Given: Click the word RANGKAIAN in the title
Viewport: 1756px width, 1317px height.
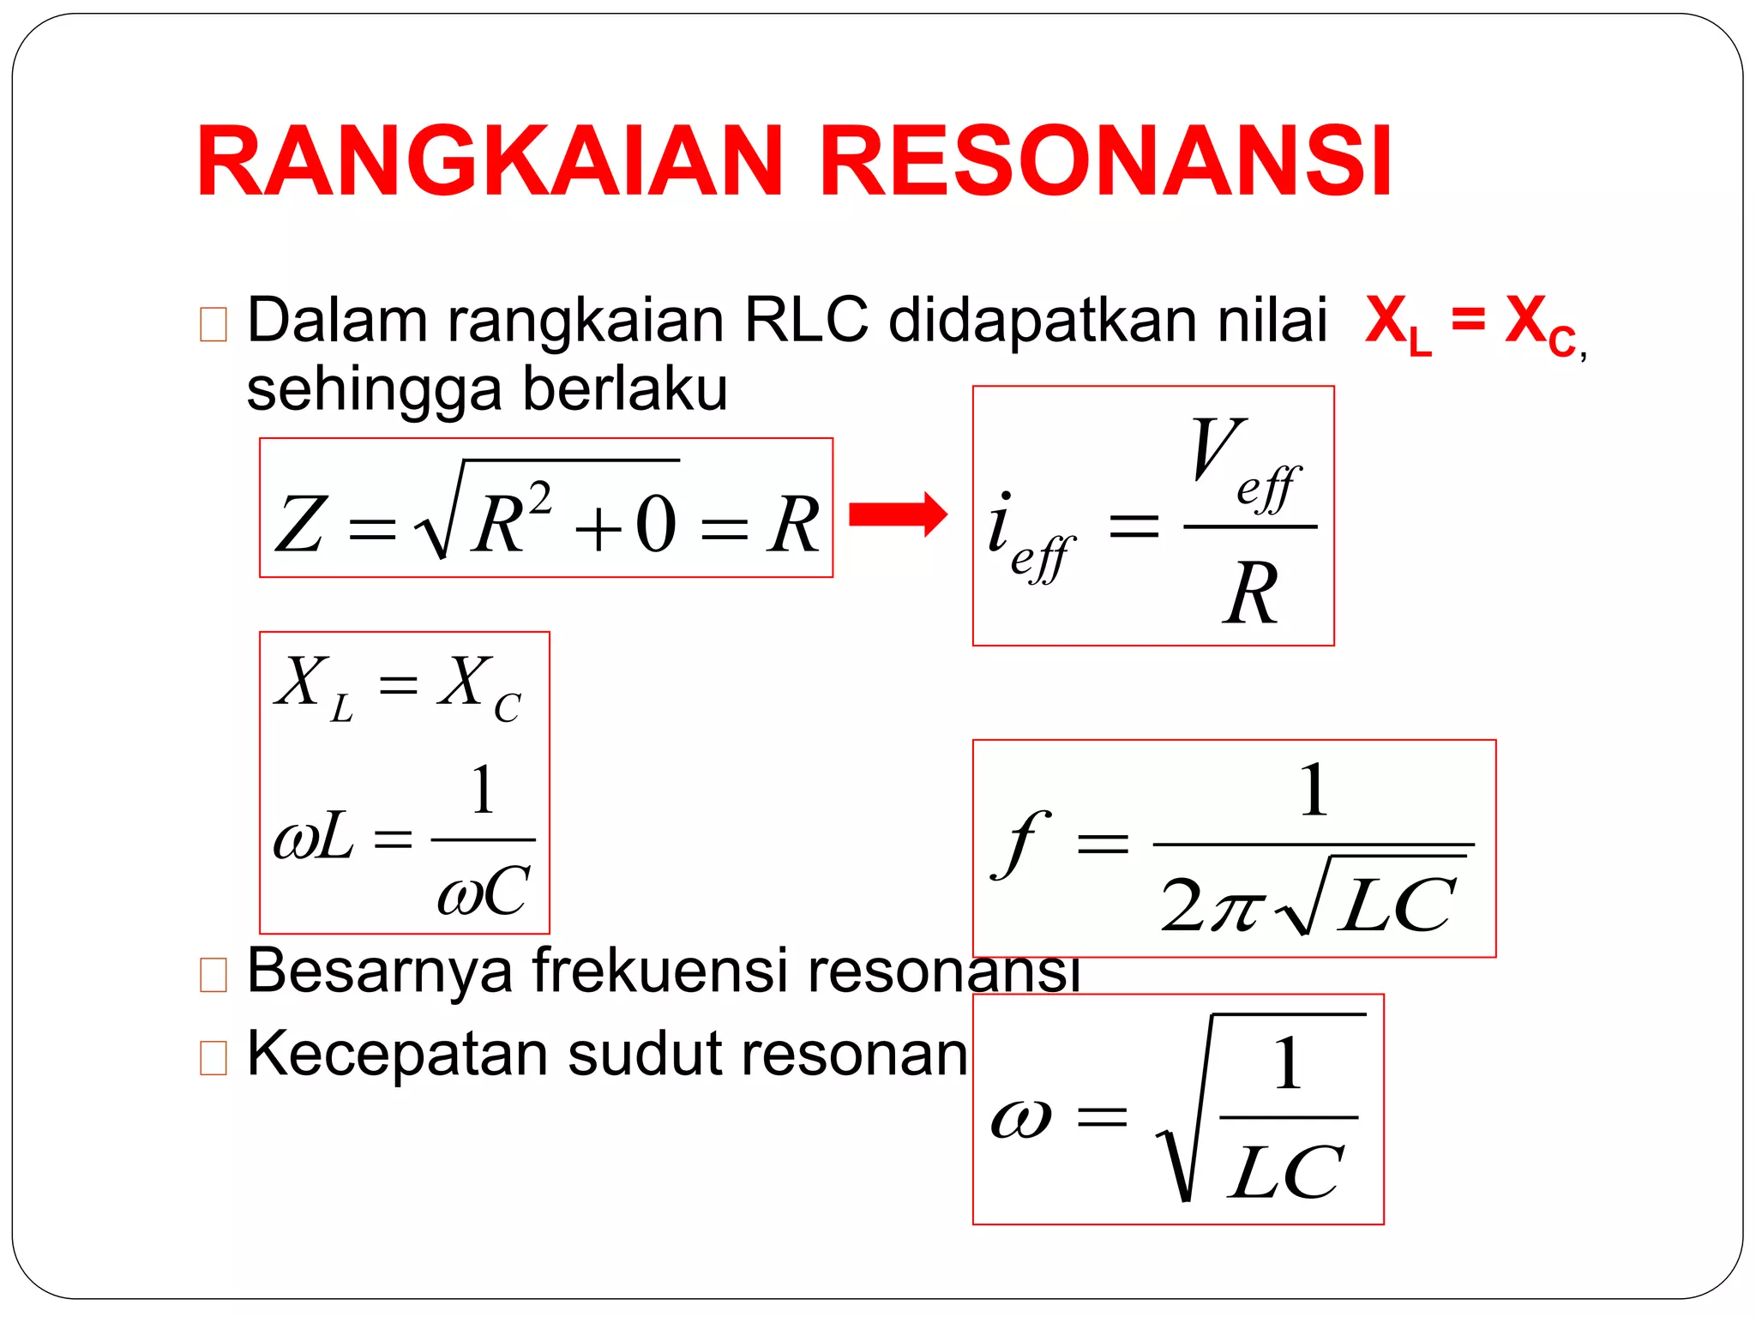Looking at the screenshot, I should coord(489,161).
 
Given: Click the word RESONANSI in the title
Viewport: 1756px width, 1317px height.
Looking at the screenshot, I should coord(1105,161).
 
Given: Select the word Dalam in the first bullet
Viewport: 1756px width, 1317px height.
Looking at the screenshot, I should coord(337,321).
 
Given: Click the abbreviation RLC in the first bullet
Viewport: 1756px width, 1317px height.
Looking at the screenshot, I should coord(806,321).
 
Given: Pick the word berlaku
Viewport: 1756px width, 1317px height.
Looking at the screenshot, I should coord(625,389).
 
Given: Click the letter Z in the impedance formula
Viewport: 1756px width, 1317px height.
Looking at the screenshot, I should coord(300,525).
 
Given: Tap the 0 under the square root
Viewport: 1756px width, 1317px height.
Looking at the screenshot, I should coord(656,525).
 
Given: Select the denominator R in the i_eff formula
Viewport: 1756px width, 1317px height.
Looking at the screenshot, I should coord(1250,593).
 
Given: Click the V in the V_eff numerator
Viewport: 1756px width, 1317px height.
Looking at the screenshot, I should coord(1218,448).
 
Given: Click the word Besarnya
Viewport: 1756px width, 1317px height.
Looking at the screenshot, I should coord(379,971).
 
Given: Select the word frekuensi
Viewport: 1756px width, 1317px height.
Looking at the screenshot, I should coord(659,970).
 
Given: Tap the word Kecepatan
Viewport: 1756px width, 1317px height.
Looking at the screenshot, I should coord(397,1054).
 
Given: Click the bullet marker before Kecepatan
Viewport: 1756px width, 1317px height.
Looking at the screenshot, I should coord(213,1057).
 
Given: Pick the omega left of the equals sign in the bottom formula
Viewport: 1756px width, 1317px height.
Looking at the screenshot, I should coord(1020,1118).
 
